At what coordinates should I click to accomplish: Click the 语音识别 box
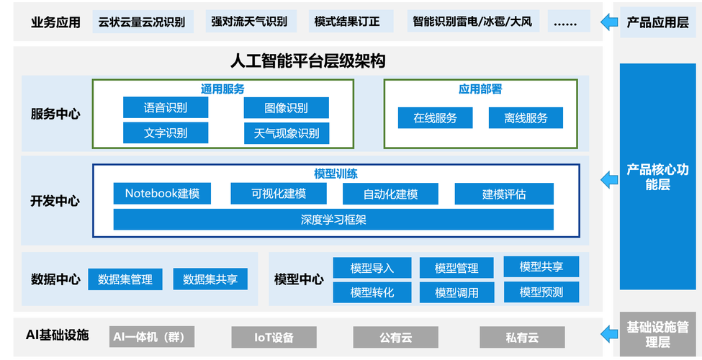coord(166,108)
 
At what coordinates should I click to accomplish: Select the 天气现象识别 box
coord(286,133)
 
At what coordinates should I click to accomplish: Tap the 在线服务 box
coord(435,118)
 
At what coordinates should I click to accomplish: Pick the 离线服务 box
coord(526,118)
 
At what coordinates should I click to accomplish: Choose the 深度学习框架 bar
coord(333,220)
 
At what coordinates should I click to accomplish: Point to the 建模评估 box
coord(504,194)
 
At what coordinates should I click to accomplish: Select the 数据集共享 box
coord(210,279)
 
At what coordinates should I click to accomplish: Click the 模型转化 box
coord(372,292)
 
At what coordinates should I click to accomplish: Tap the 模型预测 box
coord(541,292)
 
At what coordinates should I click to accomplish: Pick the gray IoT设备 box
coord(274,336)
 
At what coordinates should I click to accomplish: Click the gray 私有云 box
coord(522,336)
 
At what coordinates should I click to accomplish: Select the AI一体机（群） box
coord(153,336)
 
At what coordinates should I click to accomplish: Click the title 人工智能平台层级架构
coord(307,61)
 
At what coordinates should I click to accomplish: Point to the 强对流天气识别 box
coord(248,22)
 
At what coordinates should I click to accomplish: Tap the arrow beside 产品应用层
coord(609,22)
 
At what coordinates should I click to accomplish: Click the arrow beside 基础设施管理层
coord(609,332)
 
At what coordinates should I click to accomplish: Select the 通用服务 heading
coord(222,89)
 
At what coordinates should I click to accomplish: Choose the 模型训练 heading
coord(336,174)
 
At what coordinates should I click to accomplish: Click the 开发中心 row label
coord(55,201)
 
